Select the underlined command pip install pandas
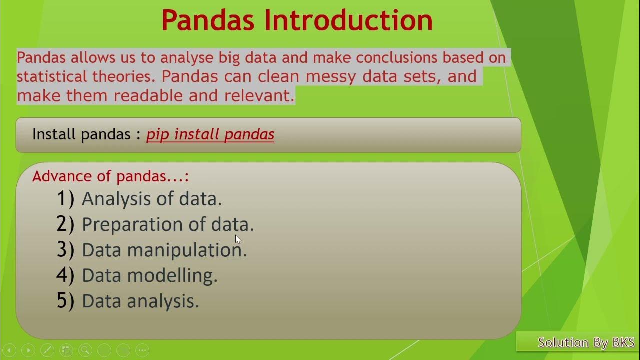click(210, 134)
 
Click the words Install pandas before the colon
click(82, 134)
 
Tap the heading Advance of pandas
click(110, 176)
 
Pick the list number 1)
click(65, 198)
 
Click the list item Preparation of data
click(168, 224)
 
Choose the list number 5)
click(65, 301)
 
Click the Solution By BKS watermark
click(586, 342)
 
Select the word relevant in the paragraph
click(259, 95)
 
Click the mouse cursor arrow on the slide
click(238, 239)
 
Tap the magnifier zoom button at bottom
click(85, 350)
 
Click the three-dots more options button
click(142, 350)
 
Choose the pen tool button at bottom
click(47, 350)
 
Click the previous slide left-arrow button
click(8, 350)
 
